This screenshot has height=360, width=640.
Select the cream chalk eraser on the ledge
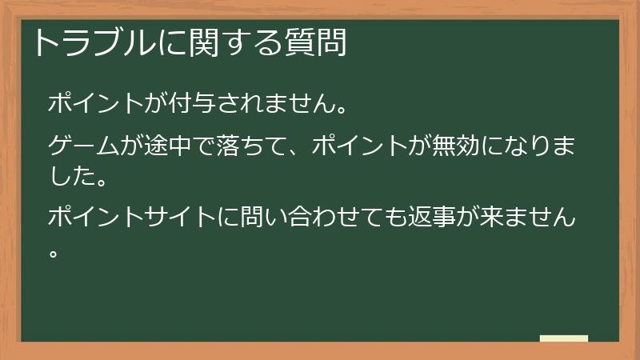point(564,338)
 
